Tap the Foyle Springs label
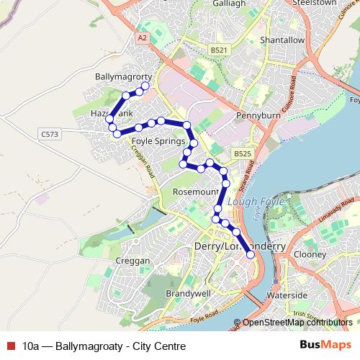[158, 142]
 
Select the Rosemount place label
[195, 192]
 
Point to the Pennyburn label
[256, 114]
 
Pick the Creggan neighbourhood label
[132, 260]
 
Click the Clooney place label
[311, 254]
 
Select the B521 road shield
[220, 49]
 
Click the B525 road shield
[241, 154]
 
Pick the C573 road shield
[50, 133]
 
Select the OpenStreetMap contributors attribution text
[297, 323]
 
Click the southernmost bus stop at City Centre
[251, 254]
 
